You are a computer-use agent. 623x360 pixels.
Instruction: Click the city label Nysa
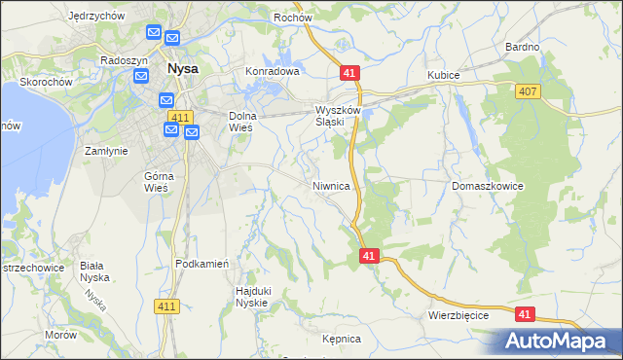pos(184,70)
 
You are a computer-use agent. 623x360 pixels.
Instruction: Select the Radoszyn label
pos(124,59)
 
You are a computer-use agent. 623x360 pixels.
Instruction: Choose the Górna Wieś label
pos(158,182)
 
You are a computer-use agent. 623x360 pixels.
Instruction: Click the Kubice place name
pos(444,74)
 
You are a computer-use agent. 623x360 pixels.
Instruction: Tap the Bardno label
pos(523,47)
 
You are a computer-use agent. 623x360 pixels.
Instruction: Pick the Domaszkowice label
pos(488,185)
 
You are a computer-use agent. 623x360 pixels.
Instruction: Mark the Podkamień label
pos(202,264)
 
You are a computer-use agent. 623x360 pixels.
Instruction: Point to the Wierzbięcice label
pos(458,316)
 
